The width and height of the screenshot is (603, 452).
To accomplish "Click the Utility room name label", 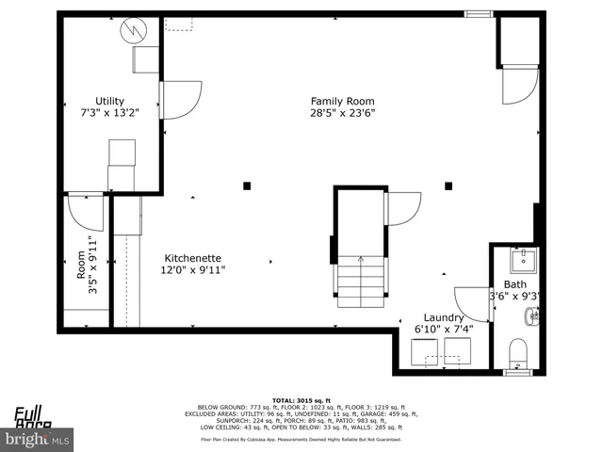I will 109,101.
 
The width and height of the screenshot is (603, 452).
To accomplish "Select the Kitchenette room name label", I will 193,257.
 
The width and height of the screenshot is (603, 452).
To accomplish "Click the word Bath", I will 515,284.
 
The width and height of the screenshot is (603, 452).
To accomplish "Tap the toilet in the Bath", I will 518,354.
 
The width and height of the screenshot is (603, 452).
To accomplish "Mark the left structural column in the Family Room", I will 247,186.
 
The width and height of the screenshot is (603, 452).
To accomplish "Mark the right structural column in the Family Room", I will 448,186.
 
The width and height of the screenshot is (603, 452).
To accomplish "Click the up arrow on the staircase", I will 361,261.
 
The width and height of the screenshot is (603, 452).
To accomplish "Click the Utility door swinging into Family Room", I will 182,100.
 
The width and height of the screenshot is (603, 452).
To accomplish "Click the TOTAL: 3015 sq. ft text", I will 301,398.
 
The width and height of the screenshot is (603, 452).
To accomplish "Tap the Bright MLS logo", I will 38,439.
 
